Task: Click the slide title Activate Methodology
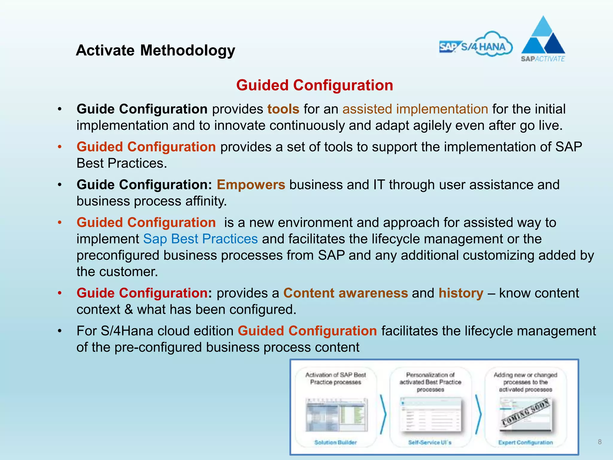[x=155, y=50]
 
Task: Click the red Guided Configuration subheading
[x=314, y=85]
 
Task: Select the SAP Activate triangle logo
[x=543, y=39]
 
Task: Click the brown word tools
[x=283, y=109]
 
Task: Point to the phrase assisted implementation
[x=415, y=109]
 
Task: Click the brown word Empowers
[x=251, y=185]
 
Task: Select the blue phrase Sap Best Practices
[x=200, y=239]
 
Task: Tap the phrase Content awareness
[x=345, y=293]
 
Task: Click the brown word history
[x=461, y=293]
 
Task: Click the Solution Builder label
[x=336, y=442]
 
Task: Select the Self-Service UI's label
[x=430, y=442]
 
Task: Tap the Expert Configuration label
[x=525, y=442]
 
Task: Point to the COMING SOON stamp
[x=526, y=413]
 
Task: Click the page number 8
[x=600, y=442]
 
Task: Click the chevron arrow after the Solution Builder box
[x=383, y=414]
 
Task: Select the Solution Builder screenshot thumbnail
[x=336, y=415]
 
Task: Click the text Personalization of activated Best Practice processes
[x=430, y=382]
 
